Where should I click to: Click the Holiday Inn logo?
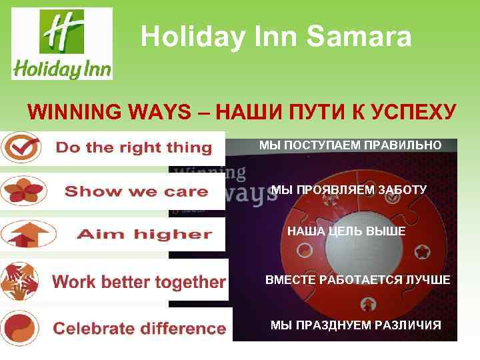pyautogui.click(x=62, y=44)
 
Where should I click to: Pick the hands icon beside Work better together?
pyautogui.click(x=20, y=280)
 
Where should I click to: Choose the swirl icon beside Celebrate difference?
pyautogui.click(x=20, y=327)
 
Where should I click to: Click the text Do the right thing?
pyautogui.click(x=133, y=147)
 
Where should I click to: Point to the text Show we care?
pyautogui.click(x=136, y=192)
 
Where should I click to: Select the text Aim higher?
pyautogui.click(x=144, y=235)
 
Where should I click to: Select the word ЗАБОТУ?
pyautogui.click(x=401, y=189)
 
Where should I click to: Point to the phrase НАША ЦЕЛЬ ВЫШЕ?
pyautogui.click(x=346, y=231)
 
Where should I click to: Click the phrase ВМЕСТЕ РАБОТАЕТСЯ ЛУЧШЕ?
pyautogui.click(x=357, y=280)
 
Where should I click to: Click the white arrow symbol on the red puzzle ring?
pyautogui.click(x=367, y=305)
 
